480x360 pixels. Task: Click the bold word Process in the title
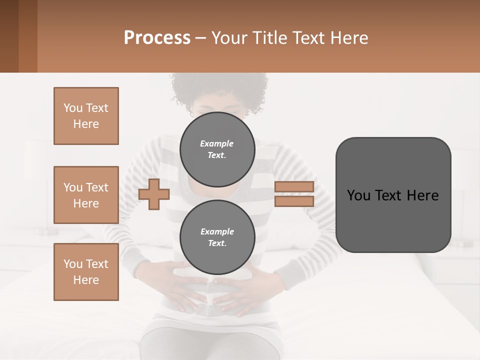tap(157, 38)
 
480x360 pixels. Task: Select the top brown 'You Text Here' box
tap(86, 116)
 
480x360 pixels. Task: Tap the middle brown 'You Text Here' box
tap(86, 195)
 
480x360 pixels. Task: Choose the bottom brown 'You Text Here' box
tap(86, 271)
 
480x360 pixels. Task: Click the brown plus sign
tap(154, 194)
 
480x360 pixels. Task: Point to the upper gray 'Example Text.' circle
tap(217, 149)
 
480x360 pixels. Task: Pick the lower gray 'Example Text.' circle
tap(217, 237)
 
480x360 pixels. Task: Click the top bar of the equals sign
tap(294, 186)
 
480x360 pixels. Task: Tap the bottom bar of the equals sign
tap(294, 201)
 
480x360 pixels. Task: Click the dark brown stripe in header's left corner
tap(9, 36)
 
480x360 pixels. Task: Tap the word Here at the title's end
tap(350, 38)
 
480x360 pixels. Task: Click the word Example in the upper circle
tap(217, 143)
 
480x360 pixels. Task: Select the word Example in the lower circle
tap(217, 231)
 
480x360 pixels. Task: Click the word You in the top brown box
tap(73, 108)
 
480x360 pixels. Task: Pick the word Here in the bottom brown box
tap(86, 280)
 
